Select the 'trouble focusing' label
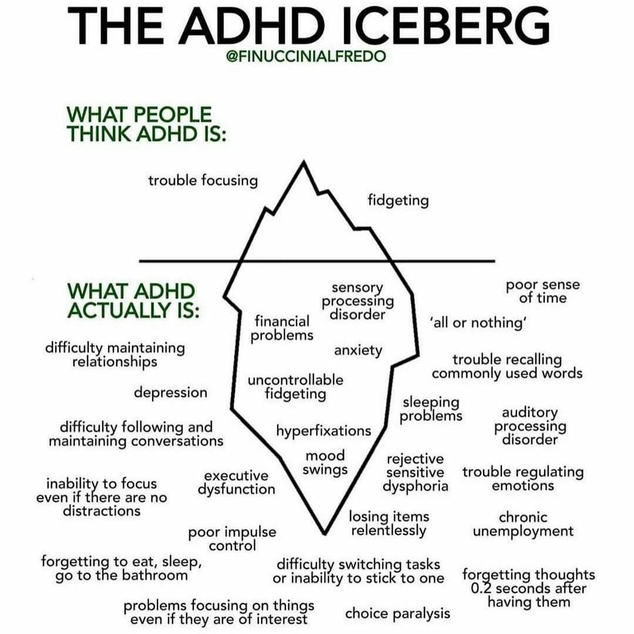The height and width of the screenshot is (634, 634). tap(203, 180)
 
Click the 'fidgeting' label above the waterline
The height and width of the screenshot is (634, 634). tap(398, 201)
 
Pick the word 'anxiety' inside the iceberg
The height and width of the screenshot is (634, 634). tap(358, 350)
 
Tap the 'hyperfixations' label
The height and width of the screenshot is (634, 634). tap(323, 431)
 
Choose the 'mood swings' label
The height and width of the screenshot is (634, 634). tap(325, 463)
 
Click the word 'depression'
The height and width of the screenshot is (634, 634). tap(170, 392)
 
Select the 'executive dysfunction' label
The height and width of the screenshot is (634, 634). tap(236, 482)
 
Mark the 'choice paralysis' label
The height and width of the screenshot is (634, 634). tap(397, 613)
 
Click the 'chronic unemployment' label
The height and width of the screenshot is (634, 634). tap(523, 524)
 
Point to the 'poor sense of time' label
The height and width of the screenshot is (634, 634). tap(542, 291)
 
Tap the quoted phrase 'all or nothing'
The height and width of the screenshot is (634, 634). tap(477, 323)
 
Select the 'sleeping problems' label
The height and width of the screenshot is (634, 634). tap(432, 409)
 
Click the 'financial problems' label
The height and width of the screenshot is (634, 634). tap(282, 328)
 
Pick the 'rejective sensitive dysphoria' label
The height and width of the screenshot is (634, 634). tap(415, 473)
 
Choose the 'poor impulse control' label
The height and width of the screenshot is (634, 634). tap(232, 539)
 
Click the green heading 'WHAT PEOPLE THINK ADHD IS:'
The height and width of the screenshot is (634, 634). tap(147, 123)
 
